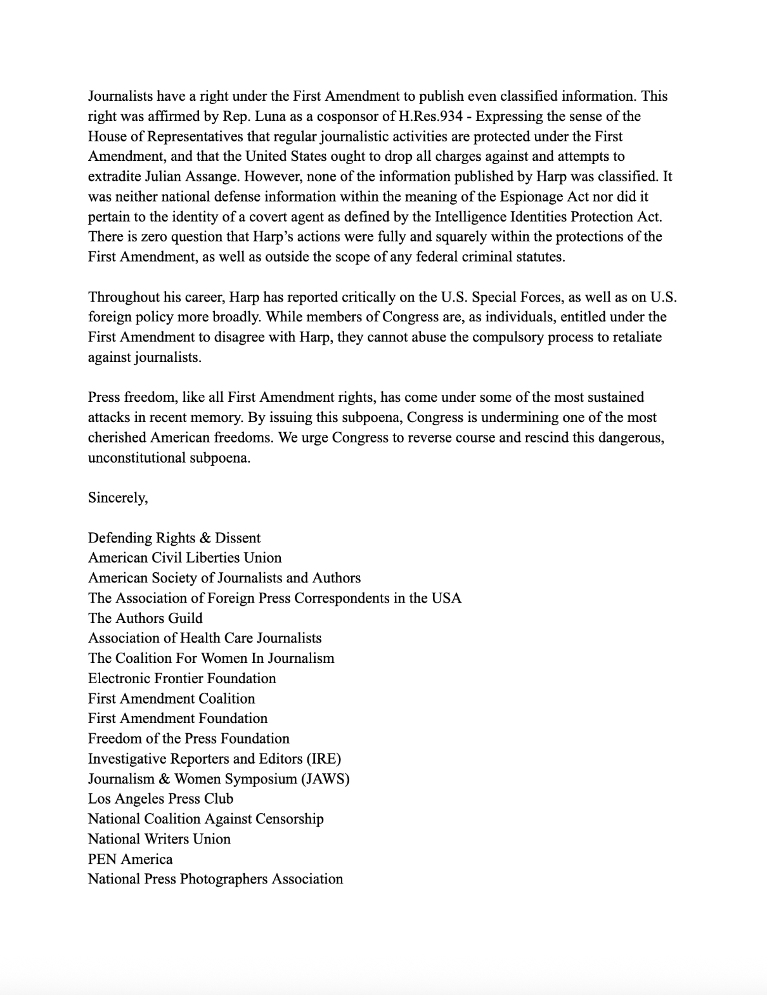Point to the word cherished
(x=117, y=438)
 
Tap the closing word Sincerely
(x=117, y=498)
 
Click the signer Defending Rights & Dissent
(x=174, y=538)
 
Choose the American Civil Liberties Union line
(x=184, y=558)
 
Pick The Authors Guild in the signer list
(x=145, y=619)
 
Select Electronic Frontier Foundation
(x=182, y=679)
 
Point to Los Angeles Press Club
(x=160, y=799)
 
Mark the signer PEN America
(x=130, y=859)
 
